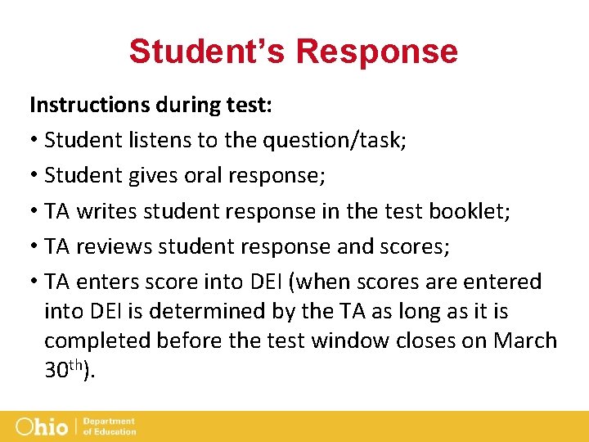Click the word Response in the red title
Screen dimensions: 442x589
pos(376,51)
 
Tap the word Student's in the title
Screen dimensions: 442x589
pos(207,51)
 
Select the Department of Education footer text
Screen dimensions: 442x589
pos(110,426)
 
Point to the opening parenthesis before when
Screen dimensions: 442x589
pos(295,282)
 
